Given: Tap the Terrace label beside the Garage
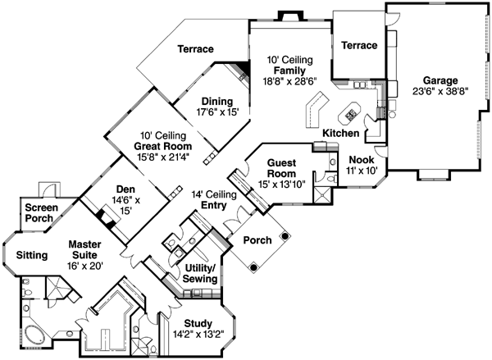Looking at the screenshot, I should [359, 46].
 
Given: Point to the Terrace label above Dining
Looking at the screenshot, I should [195, 50].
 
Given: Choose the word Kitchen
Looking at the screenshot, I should [340, 133].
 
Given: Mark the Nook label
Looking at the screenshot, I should [362, 160].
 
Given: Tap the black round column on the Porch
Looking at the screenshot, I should [285, 236].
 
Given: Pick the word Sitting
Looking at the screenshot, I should [31, 255].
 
